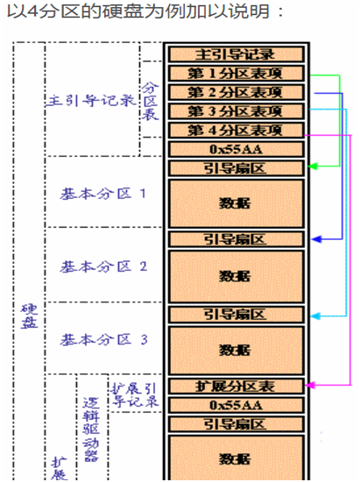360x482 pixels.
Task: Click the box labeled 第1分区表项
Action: (x=235, y=74)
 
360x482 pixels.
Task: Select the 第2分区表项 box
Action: (x=235, y=92)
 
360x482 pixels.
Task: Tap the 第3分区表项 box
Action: (x=235, y=111)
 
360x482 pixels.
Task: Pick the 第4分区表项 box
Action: (x=235, y=131)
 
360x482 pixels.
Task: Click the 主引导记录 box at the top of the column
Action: (x=235, y=54)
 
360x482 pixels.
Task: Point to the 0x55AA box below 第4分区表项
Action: (x=235, y=149)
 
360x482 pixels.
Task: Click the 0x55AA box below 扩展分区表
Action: (x=235, y=405)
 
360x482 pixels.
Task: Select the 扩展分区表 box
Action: (x=235, y=386)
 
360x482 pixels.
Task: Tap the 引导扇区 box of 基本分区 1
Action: (x=235, y=167)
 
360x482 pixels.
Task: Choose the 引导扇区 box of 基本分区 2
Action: (x=235, y=238)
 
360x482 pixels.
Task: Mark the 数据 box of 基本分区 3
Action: (x=235, y=351)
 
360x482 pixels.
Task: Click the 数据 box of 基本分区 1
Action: (x=235, y=202)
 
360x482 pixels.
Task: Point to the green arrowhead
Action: (x=311, y=165)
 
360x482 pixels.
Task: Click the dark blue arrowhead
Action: (x=311, y=237)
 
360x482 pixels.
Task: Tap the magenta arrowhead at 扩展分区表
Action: (x=311, y=384)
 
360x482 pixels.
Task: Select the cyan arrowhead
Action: (x=311, y=315)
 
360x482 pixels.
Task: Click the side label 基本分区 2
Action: (x=103, y=265)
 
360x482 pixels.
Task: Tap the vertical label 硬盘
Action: (x=28, y=316)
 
